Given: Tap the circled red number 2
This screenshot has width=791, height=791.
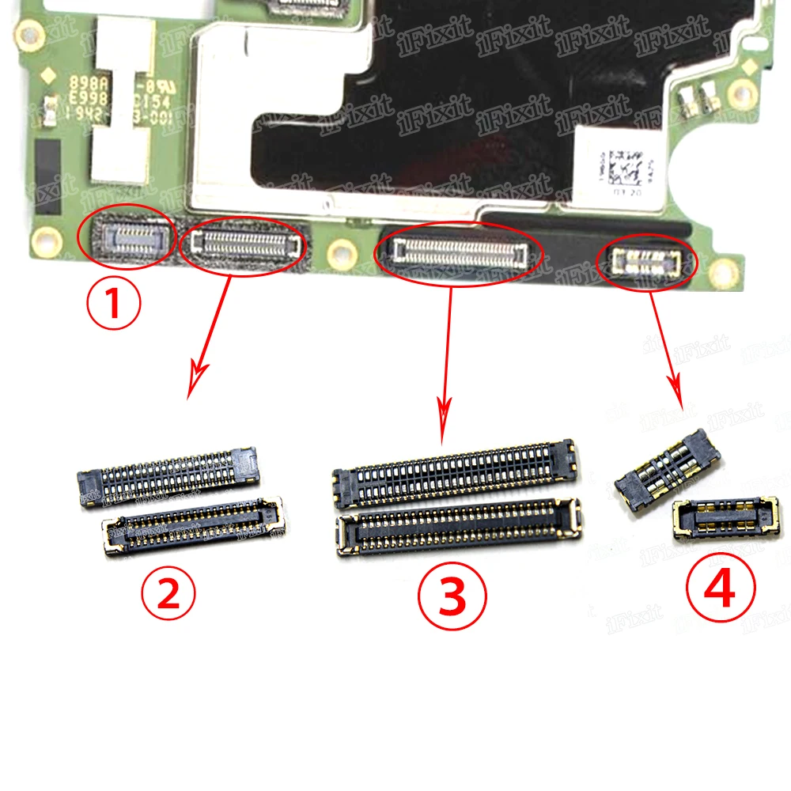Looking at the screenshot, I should coord(168,596).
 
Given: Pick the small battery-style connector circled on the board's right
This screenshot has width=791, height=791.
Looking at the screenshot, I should coord(648,262).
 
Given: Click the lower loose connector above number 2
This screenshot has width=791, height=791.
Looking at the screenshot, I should coord(193,524).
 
